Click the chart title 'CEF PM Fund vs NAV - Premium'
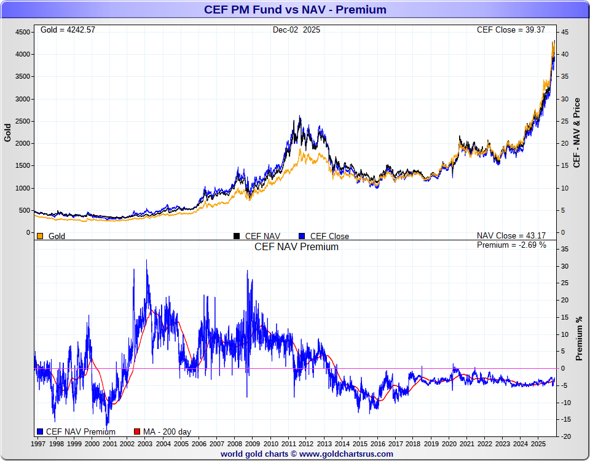coord(295,9)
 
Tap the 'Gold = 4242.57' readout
coord(68,30)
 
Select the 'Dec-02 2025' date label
coord(296,30)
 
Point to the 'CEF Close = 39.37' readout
coord(515,30)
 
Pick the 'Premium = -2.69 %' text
coord(511,245)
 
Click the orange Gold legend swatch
coord(40,236)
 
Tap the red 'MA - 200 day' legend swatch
coord(137,431)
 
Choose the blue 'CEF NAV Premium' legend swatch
coord(40,431)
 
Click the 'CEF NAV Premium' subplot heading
coord(296,246)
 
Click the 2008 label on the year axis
coord(234,443)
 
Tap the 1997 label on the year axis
coord(38,443)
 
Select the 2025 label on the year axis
coord(538,443)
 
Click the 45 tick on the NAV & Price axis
coord(564,32)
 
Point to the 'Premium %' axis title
coord(579,338)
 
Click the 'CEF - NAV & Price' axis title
coord(576,132)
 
